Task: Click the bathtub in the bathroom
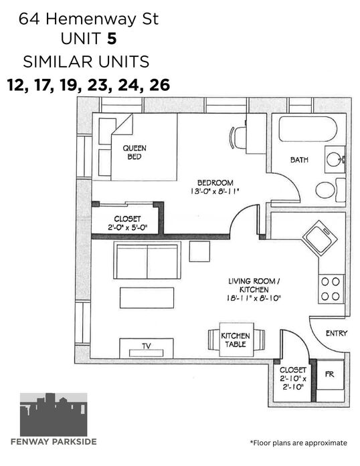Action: (308, 129)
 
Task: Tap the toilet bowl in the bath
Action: (325, 190)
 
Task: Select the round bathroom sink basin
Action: (334, 159)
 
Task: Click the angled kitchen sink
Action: (320, 237)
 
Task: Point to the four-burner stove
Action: (331, 289)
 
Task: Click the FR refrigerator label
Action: (330, 374)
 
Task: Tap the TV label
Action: (146, 346)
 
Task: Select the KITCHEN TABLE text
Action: (236, 340)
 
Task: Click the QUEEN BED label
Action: (134, 152)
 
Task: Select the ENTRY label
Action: (337, 334)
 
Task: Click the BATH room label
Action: (299, 160)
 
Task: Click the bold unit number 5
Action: (112, 39)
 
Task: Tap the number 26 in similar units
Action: (160, 85)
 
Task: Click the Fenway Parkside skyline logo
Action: (54, 415)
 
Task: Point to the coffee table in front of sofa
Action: (147, 298)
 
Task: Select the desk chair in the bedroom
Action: (238, 138)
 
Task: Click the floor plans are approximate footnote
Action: (298, 443)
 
